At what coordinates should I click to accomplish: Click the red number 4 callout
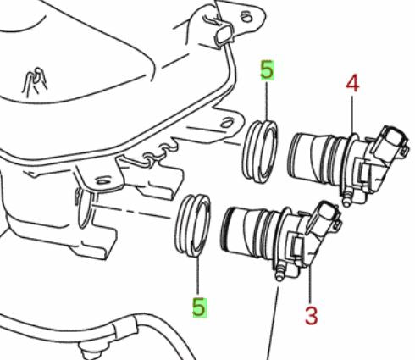(x=352, y=84)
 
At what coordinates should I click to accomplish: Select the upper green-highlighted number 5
(x=267, y=69)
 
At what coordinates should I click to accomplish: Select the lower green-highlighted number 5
(x=199, y=307)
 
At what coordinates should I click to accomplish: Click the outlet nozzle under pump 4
(x=346, y=199)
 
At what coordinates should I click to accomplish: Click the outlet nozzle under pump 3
(x=279, y=273)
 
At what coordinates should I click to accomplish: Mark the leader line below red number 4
(x=352, y=114)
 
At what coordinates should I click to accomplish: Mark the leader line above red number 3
(x=310, y=283)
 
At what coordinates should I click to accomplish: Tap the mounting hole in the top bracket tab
(x=246, y=18)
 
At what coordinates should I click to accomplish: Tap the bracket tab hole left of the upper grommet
(x=226, y=124)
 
